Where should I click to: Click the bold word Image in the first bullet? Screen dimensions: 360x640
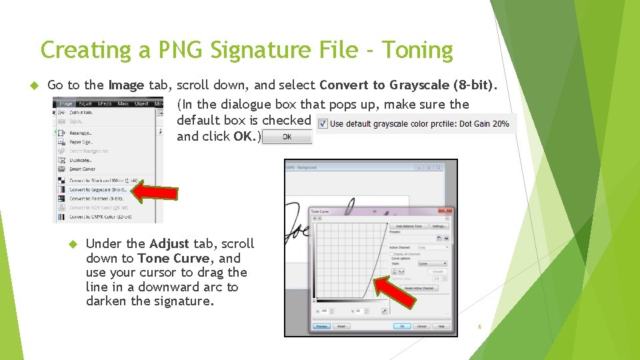126,85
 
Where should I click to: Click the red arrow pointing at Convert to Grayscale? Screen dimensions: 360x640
154,192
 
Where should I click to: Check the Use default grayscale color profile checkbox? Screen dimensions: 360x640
322,123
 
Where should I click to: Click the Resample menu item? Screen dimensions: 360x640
81,133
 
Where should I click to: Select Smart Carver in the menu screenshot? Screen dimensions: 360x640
83,169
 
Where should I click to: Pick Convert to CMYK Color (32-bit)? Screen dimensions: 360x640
100,217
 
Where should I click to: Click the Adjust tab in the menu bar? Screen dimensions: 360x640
85,104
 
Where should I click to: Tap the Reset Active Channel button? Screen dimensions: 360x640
419,288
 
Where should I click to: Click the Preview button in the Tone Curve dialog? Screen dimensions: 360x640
322,326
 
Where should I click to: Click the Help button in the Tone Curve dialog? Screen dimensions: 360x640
440,326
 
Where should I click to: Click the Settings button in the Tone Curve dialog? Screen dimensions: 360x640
439,226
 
